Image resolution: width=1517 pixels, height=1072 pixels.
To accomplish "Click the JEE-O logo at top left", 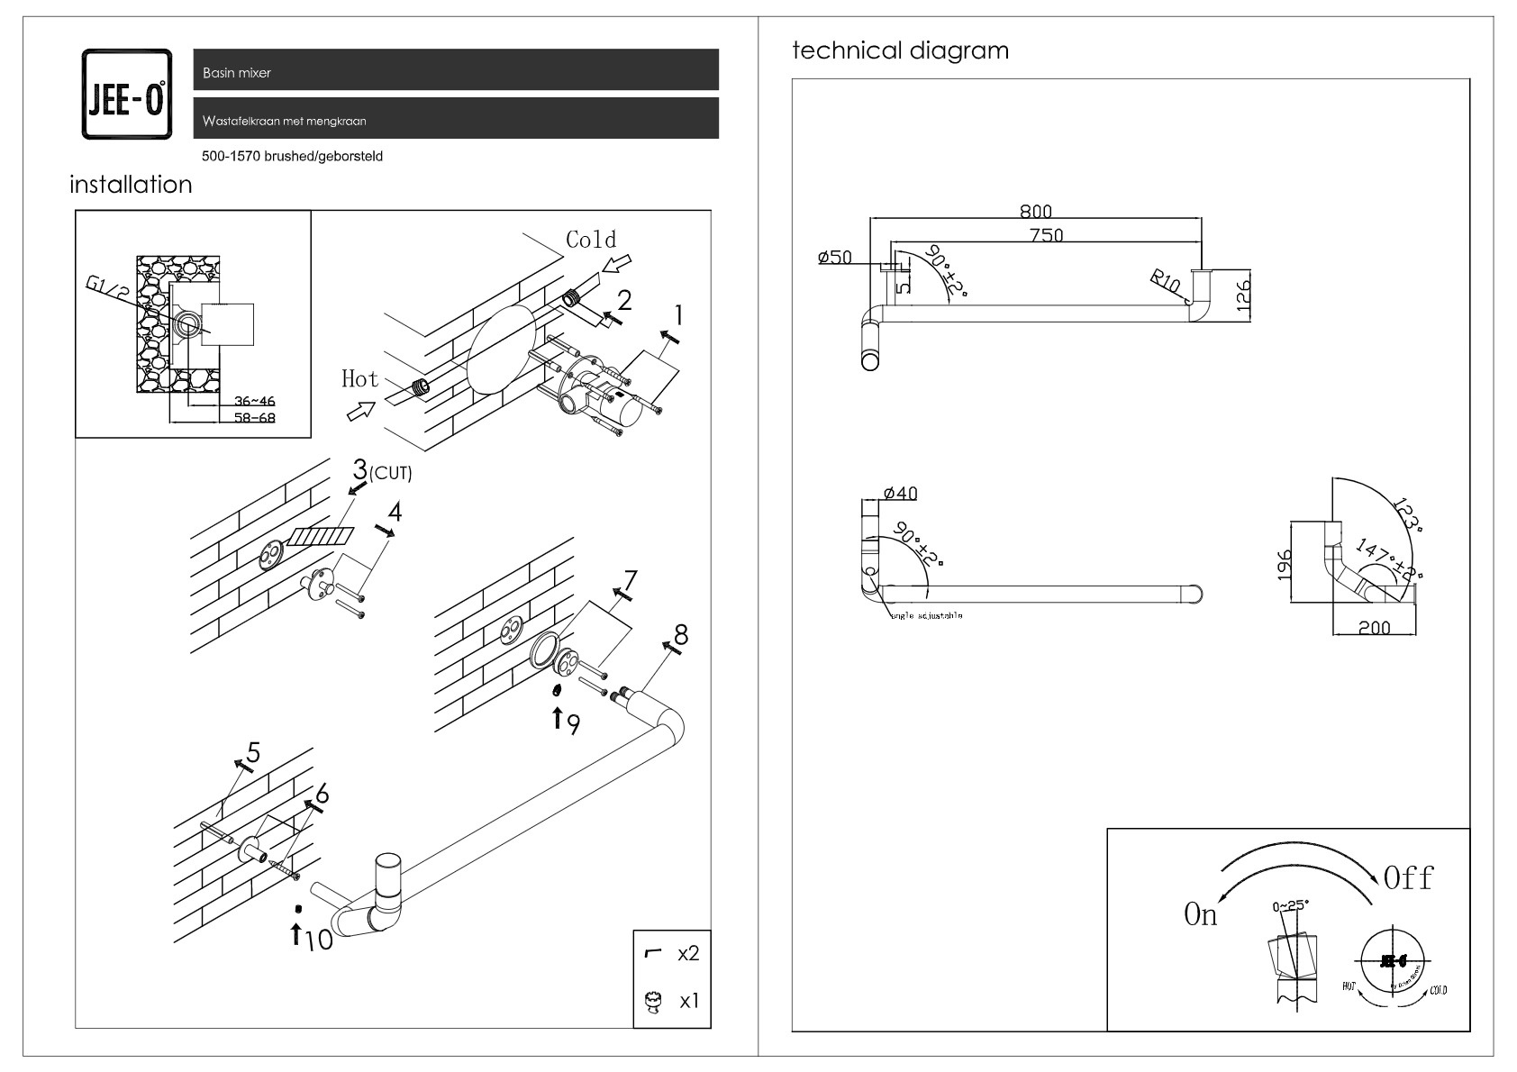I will [x=126, y=95].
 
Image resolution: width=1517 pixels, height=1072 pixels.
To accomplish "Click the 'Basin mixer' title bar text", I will [x=237, y=73].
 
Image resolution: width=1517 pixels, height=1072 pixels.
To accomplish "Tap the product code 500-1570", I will [x=232, y=157].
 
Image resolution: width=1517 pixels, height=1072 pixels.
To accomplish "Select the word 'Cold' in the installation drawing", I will [x=591, y=240].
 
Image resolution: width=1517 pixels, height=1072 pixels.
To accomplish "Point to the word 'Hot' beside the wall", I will [x=359, y=379].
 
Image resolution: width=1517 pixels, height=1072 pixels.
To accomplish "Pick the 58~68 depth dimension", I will [x=254, y=418].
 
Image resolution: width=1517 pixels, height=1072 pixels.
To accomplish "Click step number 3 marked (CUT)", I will [x=360, y=469].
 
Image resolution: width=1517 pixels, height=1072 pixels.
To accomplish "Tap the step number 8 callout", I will [x=681, y=635].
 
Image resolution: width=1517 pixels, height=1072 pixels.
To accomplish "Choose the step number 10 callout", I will [x=318, y=940].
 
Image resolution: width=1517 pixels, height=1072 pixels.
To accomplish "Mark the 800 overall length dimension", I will [x=1036, y=212].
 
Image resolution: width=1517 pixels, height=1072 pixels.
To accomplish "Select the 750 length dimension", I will [x=1046, y=236].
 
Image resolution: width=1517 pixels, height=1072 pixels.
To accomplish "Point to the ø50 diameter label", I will [x=834, y=258].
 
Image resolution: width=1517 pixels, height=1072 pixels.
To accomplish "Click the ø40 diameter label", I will [x=900, y=494].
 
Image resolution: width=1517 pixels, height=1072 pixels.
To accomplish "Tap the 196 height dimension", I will [x=1285, y=563].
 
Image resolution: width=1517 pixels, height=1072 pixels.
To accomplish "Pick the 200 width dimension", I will [x=1374, y=628].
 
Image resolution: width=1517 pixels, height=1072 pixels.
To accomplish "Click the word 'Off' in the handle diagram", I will [x=1408, y=878].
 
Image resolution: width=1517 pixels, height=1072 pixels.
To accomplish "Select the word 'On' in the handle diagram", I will [x=1200, y=915].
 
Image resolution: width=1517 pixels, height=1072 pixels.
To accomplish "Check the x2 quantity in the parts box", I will [x=687, y=953].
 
